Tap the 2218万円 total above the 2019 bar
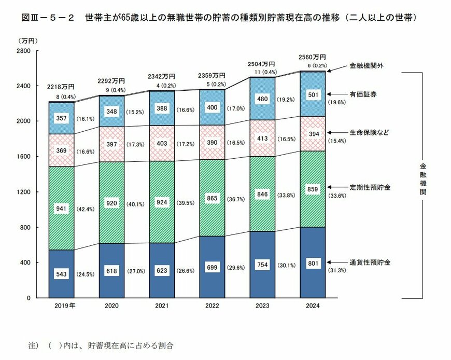pyautogui.click(x=62, y=86)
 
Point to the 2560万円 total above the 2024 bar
pyautogui.click(x=313, y=57)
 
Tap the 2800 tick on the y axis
pyautogui.click(x=24, y=50)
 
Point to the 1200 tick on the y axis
pyautogui.click(x=24, y=192)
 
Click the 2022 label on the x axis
pyautogui.click(x=212, y=307)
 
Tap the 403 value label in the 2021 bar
pyautogui.click(x=161, y=143)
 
